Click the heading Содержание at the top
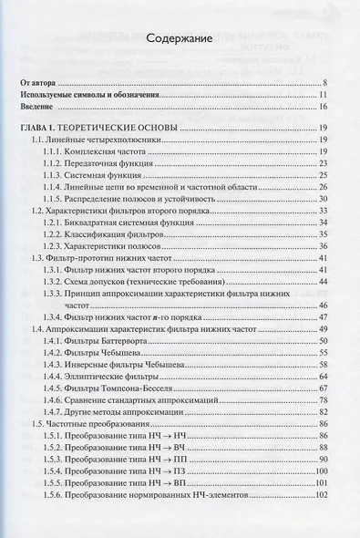tap(179, 40)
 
